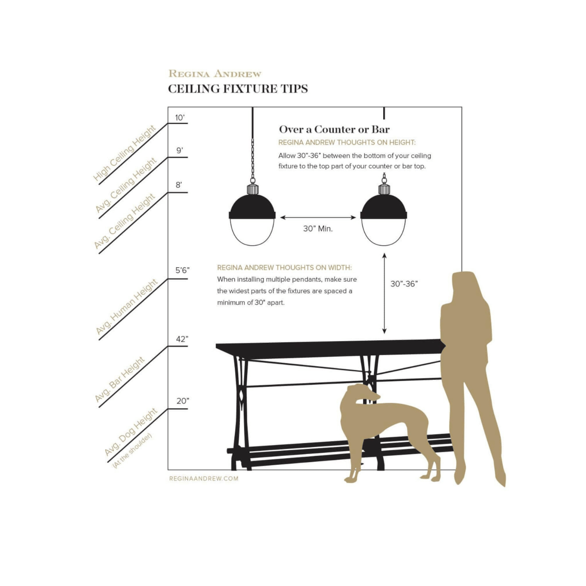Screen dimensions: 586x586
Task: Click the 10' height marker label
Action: (180, 118)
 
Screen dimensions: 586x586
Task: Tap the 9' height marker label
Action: (180, 150)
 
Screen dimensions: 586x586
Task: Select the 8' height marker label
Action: (179, 185)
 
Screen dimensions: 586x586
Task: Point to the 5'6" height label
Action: (182, 270)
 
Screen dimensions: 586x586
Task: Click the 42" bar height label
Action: (182, 339)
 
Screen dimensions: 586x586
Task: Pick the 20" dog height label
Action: (183, 401)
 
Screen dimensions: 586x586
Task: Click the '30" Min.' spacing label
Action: (318, 229)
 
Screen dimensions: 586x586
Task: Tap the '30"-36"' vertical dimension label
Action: (404, 284)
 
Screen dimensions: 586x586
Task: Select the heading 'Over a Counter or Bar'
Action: (334, 129)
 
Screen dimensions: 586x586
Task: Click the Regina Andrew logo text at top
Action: (215, 73)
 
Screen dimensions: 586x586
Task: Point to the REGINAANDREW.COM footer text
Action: (204, 479)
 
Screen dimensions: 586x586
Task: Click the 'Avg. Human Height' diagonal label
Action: (127, 307)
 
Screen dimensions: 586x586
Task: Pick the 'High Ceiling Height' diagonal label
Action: (125, 153)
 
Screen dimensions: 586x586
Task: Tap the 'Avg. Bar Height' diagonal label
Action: (120, 379)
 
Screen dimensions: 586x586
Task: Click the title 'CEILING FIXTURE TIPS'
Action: (238, 89)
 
